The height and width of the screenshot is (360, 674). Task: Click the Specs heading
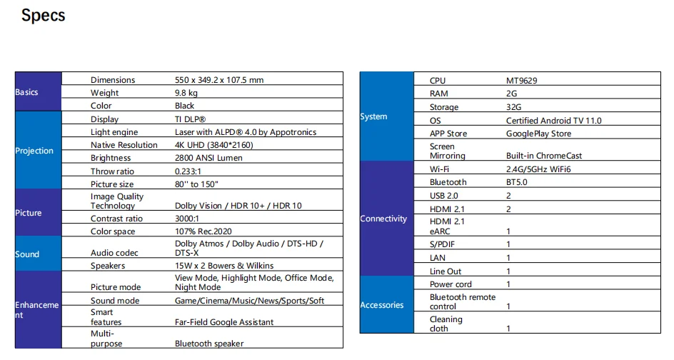[x=43, y=16]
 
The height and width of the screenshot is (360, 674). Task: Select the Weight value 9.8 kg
[x=186, y=93]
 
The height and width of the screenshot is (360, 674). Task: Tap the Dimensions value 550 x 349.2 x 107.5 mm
[x=219, y=80]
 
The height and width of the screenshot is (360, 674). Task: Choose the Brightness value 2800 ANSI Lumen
[x=208, y=158]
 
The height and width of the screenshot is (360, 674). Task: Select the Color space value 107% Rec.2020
[x=203, y=231]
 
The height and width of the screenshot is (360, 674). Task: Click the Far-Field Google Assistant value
[x=224, y=322]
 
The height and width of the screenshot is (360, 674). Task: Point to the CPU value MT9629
[x=521, y=81]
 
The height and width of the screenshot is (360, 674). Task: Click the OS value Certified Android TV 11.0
[x=553, y=121]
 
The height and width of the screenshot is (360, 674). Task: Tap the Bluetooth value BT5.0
[x=518, y=182]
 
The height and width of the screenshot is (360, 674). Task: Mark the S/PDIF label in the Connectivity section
[x=443, y=245]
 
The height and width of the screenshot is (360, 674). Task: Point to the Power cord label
[x=451, y=284]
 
